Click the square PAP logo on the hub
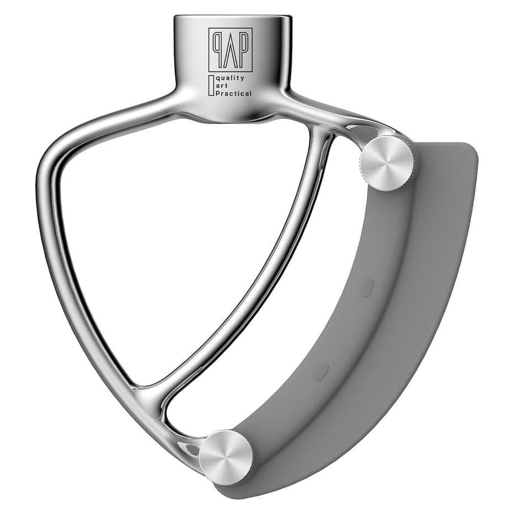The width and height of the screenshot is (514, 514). click(x=230, y=50)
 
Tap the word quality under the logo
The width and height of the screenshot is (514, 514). click(x=231, y=78)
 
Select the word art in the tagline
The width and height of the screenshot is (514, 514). click(x=223, y=86)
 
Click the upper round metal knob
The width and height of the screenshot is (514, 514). click(x=386, y=163)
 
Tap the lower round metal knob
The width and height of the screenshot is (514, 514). click(x=226, y=457)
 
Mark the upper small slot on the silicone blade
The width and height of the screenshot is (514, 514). click(x=367, y=287)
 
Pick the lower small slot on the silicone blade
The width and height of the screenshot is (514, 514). click(x=321, y=371)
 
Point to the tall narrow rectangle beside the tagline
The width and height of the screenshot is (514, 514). click(x=211, y=87)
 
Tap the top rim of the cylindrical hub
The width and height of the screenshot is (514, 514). click(x=232, y=18)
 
